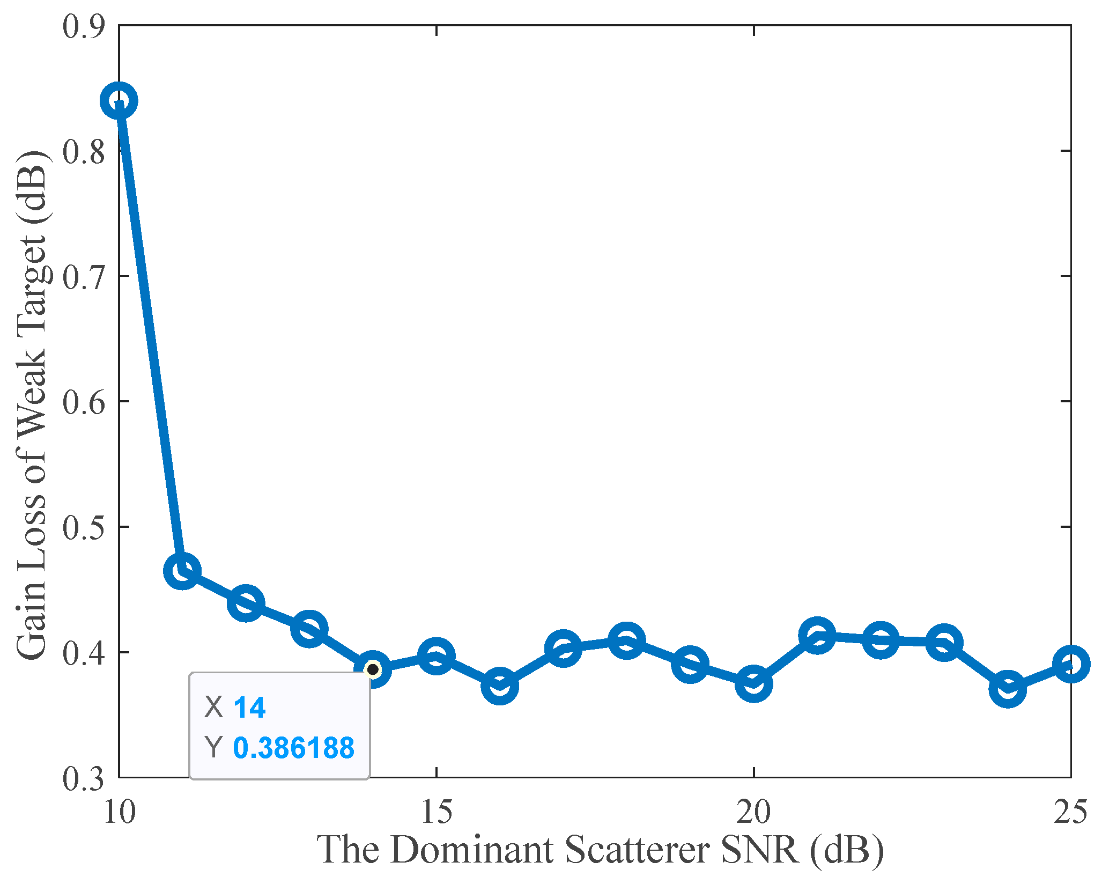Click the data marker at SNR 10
click(119, 100)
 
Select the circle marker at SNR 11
click(182, 570)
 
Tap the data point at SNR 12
click(246, 603)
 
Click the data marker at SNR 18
click(626, 640)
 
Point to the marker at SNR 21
click(817, 635)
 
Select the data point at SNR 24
click(1008, 689)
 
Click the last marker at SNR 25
click(1071, 664)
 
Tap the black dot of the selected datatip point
click(373, 669)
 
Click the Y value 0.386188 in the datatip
click(294, 748)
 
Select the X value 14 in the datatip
click(249, 707)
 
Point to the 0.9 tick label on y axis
click(84, 26)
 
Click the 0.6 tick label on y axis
click(84, 402)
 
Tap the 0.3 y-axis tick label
click(84, 778)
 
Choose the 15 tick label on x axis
click(437, 811)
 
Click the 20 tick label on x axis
click(753, 811)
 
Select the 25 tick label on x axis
click(1070, 811)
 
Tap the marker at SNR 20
click(753, 684)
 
